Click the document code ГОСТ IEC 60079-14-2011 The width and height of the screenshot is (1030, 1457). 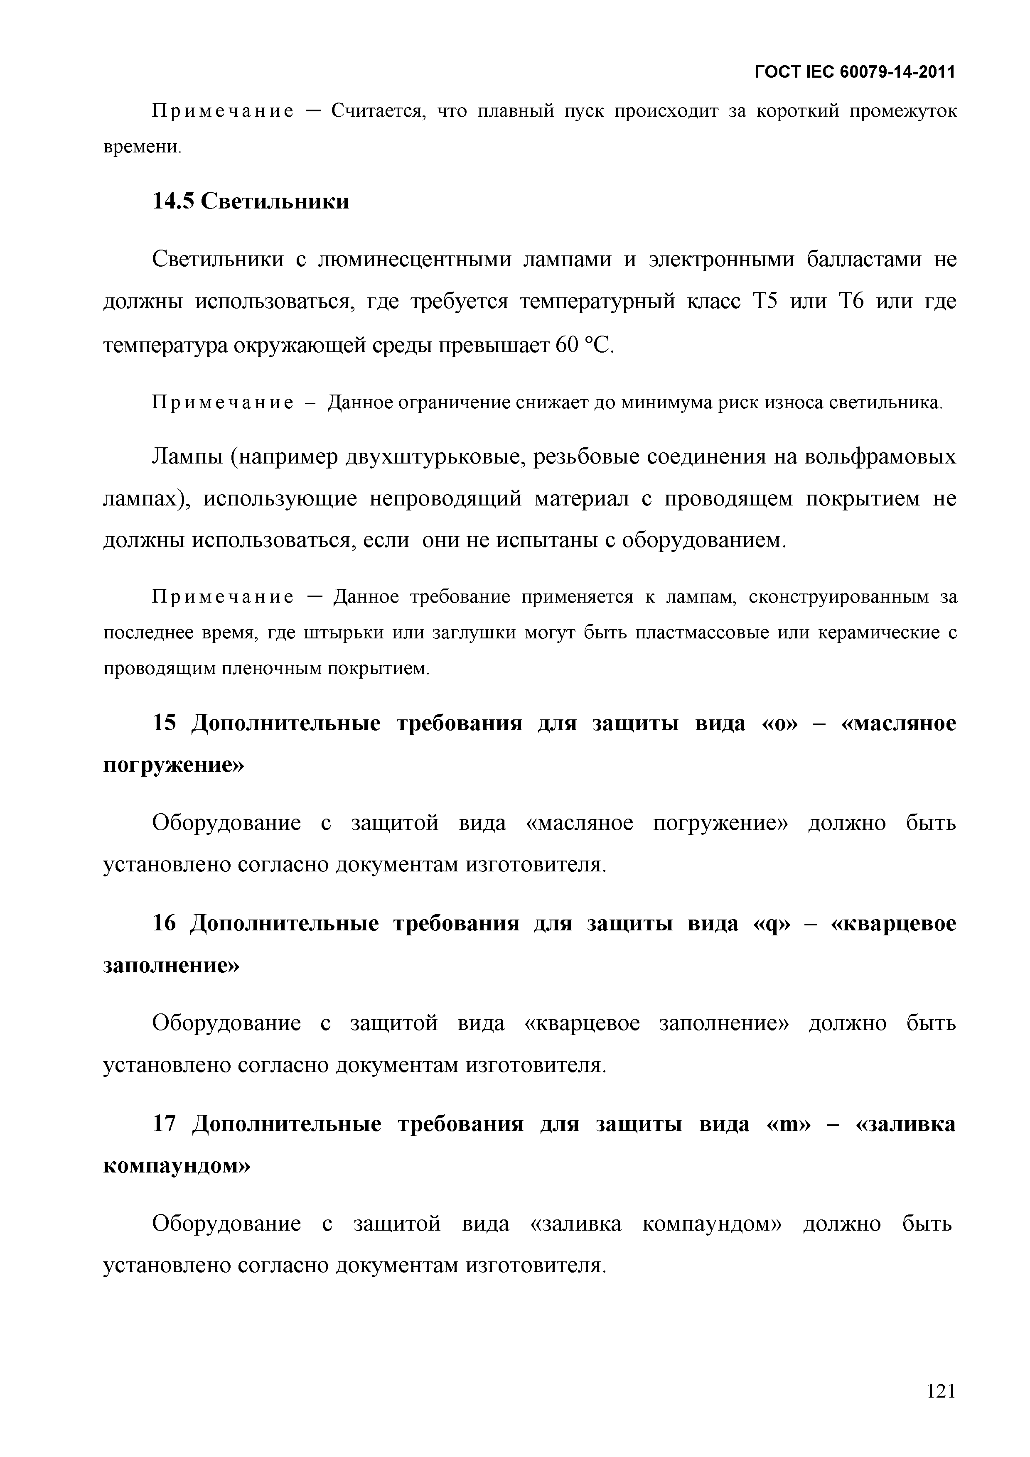click(854, 72)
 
